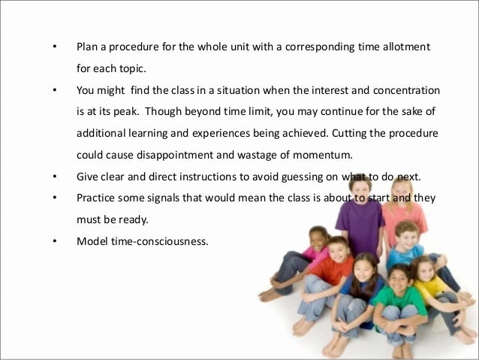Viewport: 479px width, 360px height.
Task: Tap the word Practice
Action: coord(96,200)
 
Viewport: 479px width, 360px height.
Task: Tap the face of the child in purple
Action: coord(361,187)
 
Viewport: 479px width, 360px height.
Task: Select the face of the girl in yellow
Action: coord(423,268)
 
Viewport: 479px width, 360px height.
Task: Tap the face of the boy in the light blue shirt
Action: coord(406,236)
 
